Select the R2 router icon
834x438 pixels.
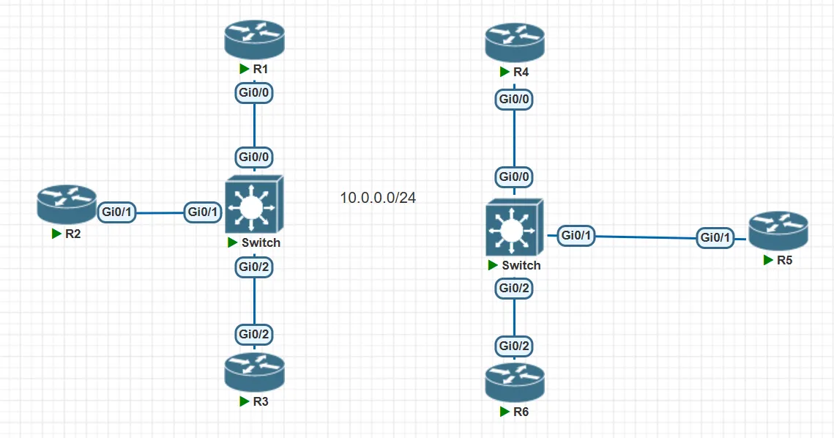click(x=67, y=206)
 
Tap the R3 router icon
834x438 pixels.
click(x=253, y=373)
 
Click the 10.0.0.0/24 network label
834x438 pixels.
click(x=378, y=198)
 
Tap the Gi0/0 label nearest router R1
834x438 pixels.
click(x=254, y=93)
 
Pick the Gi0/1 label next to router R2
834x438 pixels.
click(x=116, y=212)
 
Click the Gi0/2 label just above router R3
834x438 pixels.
click(x=254, y=334)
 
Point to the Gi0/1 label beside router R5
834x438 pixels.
click(x=715, y=237)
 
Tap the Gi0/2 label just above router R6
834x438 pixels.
click(x=514, y=345)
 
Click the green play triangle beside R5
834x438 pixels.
click(x=767, y=260)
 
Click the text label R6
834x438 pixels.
click(x=521, y=412)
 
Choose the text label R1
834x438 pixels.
click(x=260, y=69)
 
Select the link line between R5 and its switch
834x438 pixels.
click(x=644, y=237)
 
